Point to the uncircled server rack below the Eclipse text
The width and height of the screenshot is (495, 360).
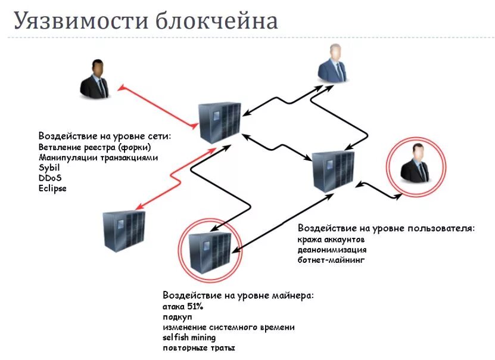(x=123, y=231)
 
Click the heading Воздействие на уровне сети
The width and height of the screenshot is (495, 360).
(x=105, y=136)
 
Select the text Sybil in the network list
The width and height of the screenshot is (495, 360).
(x=49, y=167)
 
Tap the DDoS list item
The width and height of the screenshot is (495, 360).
(x=50, y=178)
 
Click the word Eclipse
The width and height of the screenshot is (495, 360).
(x=52, y=188)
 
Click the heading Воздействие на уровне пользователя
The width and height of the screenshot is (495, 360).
(x=386, y=228)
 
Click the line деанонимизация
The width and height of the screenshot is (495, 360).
(x=332, y=250)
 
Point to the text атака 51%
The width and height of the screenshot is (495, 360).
(x=183, y=306)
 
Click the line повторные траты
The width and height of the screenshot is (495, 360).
(x=198, y=347)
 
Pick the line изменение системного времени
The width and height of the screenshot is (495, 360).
(x=229, y=327)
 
